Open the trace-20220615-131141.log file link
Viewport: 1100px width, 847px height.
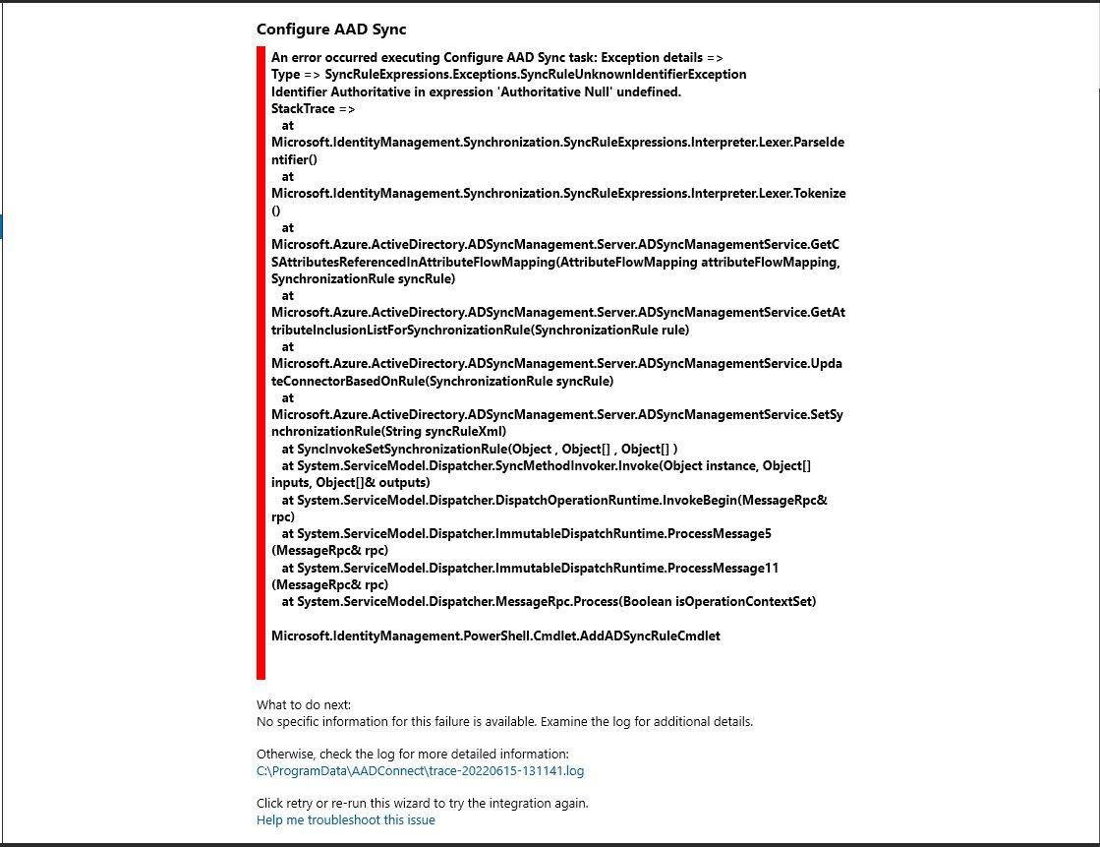[x=420, y=771]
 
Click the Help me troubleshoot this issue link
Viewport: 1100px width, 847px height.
[x=345, y=819]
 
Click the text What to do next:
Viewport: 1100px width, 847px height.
[x=303, y=704]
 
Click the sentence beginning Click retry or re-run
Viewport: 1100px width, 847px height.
[x=422, y=803]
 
